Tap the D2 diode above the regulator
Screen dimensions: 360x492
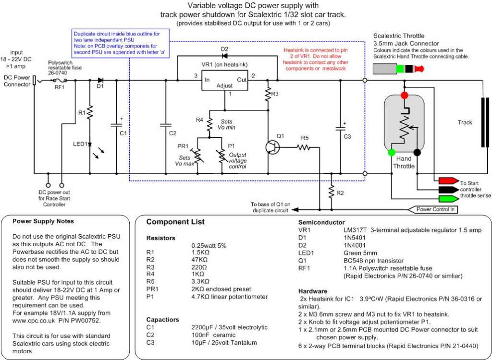(224, 57)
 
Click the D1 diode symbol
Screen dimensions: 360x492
(100, 81)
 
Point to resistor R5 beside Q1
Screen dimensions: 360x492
(305, 147)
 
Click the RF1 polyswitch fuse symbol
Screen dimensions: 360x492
(60, 81)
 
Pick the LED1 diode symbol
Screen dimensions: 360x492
(90, 144)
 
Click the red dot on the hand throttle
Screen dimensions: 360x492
(404, 95)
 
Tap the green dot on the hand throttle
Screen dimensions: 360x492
(392, 153)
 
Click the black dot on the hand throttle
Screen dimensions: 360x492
(417, 153)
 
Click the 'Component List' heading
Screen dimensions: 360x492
(175, 222)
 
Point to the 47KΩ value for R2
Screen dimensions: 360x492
(200, 263)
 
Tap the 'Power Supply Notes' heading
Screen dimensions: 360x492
(43, 222)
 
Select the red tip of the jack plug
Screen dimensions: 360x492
(419, 69)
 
